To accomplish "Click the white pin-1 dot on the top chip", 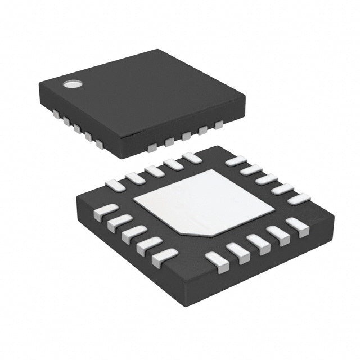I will coord(72,84).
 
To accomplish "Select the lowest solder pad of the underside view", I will coord(217,262).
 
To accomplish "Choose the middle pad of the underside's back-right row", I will coord(267,179).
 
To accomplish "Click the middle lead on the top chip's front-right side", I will coord(185,137).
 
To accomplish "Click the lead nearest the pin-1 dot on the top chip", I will coord(56,113).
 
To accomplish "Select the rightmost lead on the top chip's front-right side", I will coord(218,125).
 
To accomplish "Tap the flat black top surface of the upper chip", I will coord(146,96).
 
